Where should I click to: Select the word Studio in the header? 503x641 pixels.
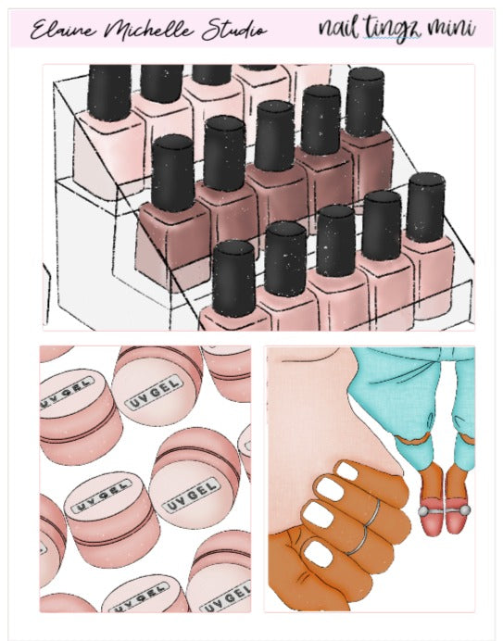[228, 31]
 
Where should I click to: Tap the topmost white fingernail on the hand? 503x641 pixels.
[346, 472]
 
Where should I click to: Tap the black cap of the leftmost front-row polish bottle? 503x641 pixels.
[233, 275]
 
